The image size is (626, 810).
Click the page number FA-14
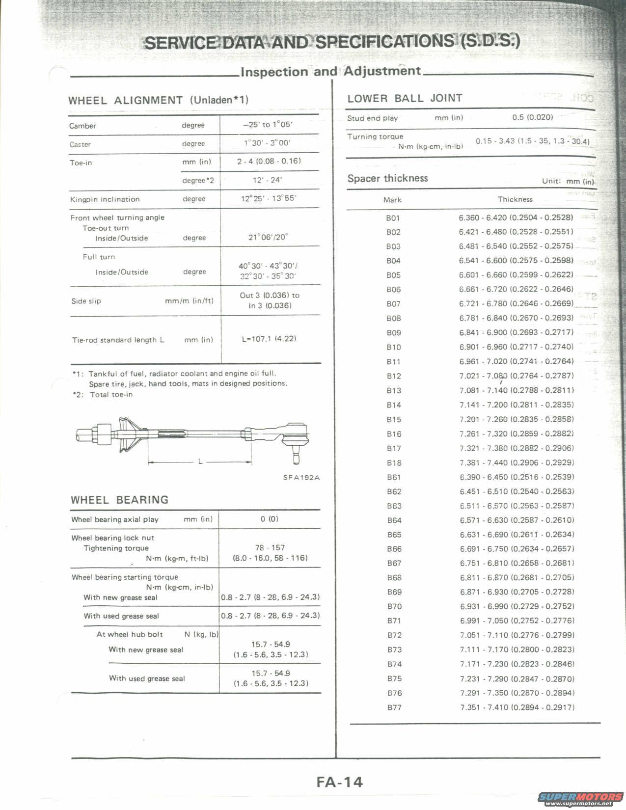339,781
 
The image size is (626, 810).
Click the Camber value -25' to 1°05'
268,125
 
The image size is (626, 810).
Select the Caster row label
81,144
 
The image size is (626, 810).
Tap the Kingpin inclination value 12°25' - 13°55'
269,199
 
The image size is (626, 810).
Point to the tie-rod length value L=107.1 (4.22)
269,339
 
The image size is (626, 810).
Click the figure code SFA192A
301,477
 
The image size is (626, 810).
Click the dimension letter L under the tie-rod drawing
200,461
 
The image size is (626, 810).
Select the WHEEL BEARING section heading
119,500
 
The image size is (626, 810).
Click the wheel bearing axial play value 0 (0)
269,519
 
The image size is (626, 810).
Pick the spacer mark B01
393,217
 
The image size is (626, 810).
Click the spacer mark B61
394,477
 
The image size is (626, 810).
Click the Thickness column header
515,199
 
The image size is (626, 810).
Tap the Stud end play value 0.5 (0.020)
532,117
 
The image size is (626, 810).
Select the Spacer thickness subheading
387,178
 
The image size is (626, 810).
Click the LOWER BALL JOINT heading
405,98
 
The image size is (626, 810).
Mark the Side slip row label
86,301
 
